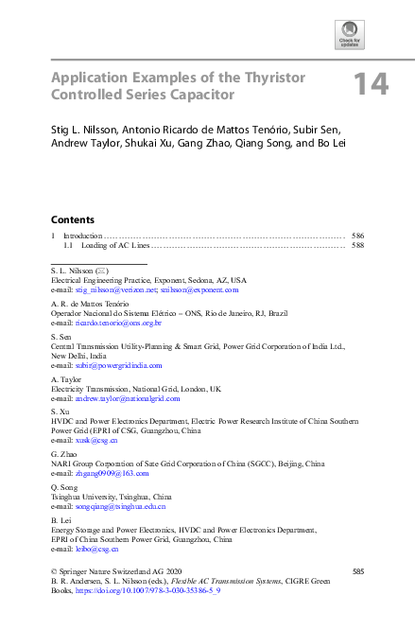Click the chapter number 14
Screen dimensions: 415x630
pos(371,85)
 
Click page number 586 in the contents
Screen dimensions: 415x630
pos(357,235)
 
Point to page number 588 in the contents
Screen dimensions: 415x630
pos(357,245)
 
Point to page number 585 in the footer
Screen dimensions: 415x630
pos(357,571)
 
